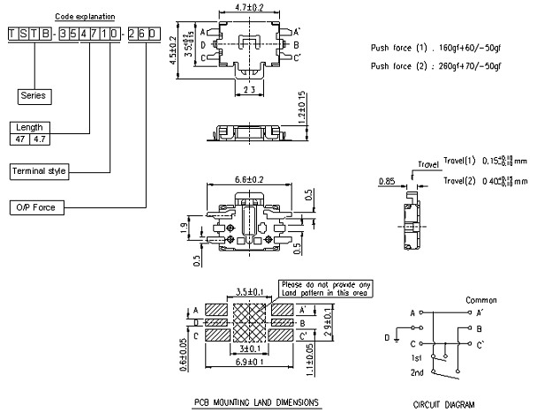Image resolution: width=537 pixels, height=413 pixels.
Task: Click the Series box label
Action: tap(34, 95)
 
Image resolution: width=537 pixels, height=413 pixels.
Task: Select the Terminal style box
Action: tap(40, 170)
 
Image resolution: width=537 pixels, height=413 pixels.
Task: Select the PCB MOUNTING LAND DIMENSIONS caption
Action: tap(257, 402)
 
